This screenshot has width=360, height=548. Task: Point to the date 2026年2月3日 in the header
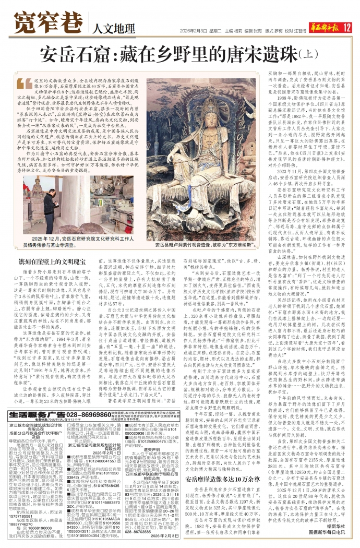click(x=194, y=30)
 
